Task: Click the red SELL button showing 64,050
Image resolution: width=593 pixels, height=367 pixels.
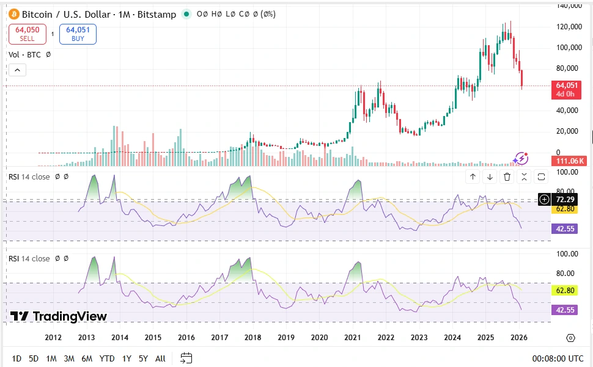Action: tap(28, 34)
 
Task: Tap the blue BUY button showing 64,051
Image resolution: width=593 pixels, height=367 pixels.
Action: tap(78, 34)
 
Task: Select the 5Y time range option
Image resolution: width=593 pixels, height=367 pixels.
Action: tap(143, 358)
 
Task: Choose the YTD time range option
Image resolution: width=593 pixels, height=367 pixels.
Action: tap(107, 358)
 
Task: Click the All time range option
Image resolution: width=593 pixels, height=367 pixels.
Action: tap(160, 358)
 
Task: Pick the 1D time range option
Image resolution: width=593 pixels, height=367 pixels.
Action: tap(17, 358)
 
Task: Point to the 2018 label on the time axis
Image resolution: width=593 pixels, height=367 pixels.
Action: tap(252, 338)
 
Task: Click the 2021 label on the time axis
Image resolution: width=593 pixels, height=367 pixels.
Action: tap(352, 338)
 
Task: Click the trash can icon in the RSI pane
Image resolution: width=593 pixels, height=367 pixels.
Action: tap(507, 177)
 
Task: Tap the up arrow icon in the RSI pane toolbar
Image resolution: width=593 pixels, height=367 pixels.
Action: tap(473, 177)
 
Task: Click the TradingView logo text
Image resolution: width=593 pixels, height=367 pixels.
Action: tap(59, 316)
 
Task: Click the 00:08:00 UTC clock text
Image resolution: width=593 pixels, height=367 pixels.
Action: tap(558, 358)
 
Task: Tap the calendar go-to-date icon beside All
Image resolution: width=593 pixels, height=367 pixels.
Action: tap(186, 358)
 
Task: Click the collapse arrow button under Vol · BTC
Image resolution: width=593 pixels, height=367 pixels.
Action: tap(17, 70)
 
